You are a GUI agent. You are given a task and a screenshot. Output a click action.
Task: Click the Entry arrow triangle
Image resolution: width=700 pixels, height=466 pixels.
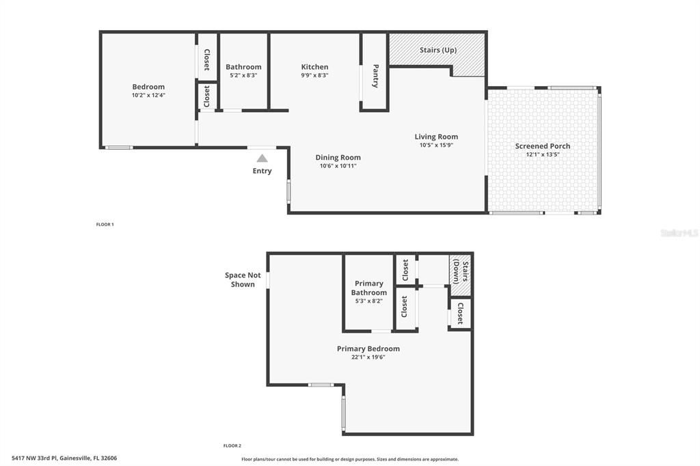coord(262,158)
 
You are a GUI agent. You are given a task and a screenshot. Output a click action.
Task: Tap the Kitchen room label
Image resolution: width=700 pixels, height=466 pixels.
coord(314,67)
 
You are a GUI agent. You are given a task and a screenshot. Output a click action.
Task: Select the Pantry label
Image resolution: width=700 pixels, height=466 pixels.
coord(375,76)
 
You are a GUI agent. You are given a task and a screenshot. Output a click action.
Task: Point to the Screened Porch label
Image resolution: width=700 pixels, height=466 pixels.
coord(542,146)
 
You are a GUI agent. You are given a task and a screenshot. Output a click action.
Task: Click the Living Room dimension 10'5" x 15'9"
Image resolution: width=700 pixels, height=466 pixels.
coord(436,145)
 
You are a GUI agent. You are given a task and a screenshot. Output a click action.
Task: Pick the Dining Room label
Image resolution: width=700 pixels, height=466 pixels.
coord(338,158)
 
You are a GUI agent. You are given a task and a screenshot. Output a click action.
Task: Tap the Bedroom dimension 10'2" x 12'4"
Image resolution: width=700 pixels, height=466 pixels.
coord(148,96)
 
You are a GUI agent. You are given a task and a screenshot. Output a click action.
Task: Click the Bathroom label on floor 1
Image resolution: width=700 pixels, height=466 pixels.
coord(243,67)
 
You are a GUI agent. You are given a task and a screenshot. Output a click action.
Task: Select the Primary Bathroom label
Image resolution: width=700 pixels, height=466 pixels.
coord(368,288)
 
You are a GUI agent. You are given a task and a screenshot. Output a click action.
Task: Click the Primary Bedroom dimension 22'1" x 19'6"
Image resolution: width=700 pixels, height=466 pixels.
coord(368,357)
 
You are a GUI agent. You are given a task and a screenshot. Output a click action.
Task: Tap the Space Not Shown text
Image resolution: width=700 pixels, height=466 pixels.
coord(243,279)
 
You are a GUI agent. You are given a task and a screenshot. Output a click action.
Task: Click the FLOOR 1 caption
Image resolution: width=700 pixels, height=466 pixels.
coord(105,224)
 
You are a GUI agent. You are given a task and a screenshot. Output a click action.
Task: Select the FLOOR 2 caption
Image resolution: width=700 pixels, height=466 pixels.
coord(232,446)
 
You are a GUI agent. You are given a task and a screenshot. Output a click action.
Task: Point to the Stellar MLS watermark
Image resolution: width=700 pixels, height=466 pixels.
coord(679,233)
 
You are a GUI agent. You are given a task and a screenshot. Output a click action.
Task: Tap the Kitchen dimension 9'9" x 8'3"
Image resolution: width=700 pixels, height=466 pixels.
coord(314,76)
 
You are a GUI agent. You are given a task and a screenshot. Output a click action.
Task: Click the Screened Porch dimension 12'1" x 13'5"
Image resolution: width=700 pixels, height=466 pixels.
coord(542,154)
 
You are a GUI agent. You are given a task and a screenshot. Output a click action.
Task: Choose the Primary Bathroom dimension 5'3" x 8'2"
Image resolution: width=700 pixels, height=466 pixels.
coord(368,301)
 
